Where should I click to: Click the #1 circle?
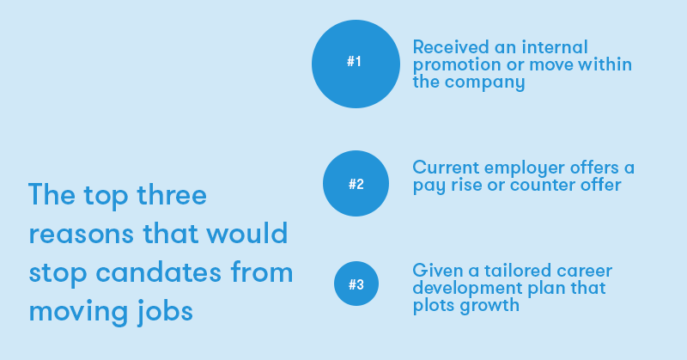pos(356,64)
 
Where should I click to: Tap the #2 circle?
pos(356,183)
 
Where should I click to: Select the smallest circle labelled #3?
pos(356,284)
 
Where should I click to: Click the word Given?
pos(437,271)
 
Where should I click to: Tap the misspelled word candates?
pos(159,272)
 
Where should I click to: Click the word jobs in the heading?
pos(165,312)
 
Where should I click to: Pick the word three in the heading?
pos(172,194)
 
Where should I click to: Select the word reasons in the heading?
pos(81,235)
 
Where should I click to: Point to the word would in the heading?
pos(247,233)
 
